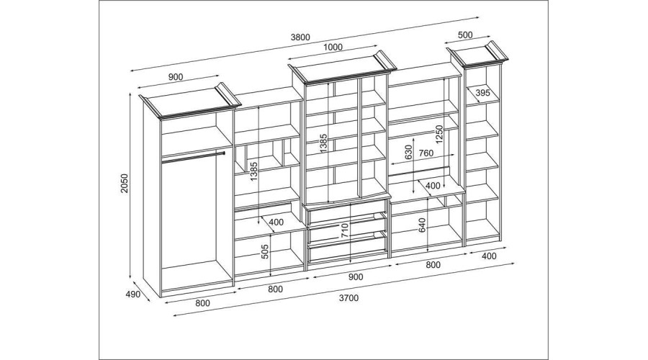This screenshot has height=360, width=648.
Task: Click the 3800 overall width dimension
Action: [x=300, y=37]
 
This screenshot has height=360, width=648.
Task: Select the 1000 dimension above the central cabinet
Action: [x=333, y=47]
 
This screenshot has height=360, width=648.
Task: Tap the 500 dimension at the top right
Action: [x=465, y=35]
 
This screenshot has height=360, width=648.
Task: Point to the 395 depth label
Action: [x=482, y=93]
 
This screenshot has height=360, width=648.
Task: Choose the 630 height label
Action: [x=409, y=153]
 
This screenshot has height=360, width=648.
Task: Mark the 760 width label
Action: [x=426, y=153]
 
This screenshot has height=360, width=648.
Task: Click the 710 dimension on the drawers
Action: [x=345, y=230]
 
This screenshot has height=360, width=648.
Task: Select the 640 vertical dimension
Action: [x=422, y=225]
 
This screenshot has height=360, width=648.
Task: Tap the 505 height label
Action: [x=265, y=251]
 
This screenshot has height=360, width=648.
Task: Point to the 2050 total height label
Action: [x=125, y=183]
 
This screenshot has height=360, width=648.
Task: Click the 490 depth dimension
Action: [x=132, y=294]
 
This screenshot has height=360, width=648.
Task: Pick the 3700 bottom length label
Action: [x=348, y=297]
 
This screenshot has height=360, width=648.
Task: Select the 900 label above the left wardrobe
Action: [x=176, y=77]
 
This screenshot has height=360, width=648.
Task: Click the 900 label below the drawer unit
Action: [x=356, y=277]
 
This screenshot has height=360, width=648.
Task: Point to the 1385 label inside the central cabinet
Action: [x=323, y=143]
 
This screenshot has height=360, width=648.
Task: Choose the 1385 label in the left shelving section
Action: [x=253, y=171]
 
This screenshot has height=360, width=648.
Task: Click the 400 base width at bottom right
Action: [x=489, y=256]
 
